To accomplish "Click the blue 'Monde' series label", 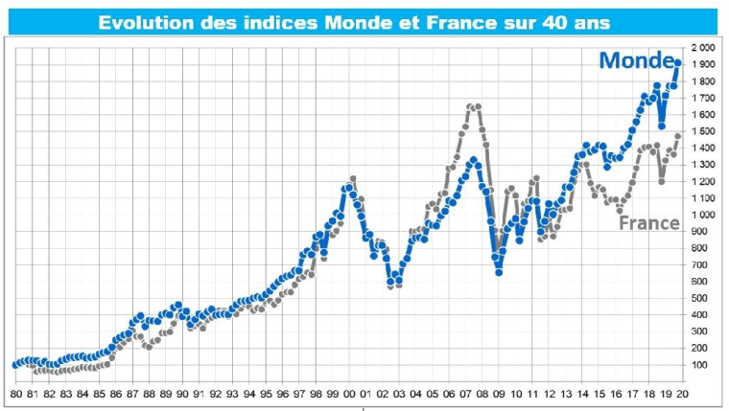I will coord(637,61).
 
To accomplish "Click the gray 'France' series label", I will coord(649,223).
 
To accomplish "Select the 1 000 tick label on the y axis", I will coord(702,215).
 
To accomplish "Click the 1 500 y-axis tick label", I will coord(702,131).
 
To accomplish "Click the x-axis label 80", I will coord(16,393).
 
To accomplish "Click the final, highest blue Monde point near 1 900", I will coord(677,63).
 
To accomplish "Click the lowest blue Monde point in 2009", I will coord(499,272).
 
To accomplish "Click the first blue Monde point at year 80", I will coord(16,365).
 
